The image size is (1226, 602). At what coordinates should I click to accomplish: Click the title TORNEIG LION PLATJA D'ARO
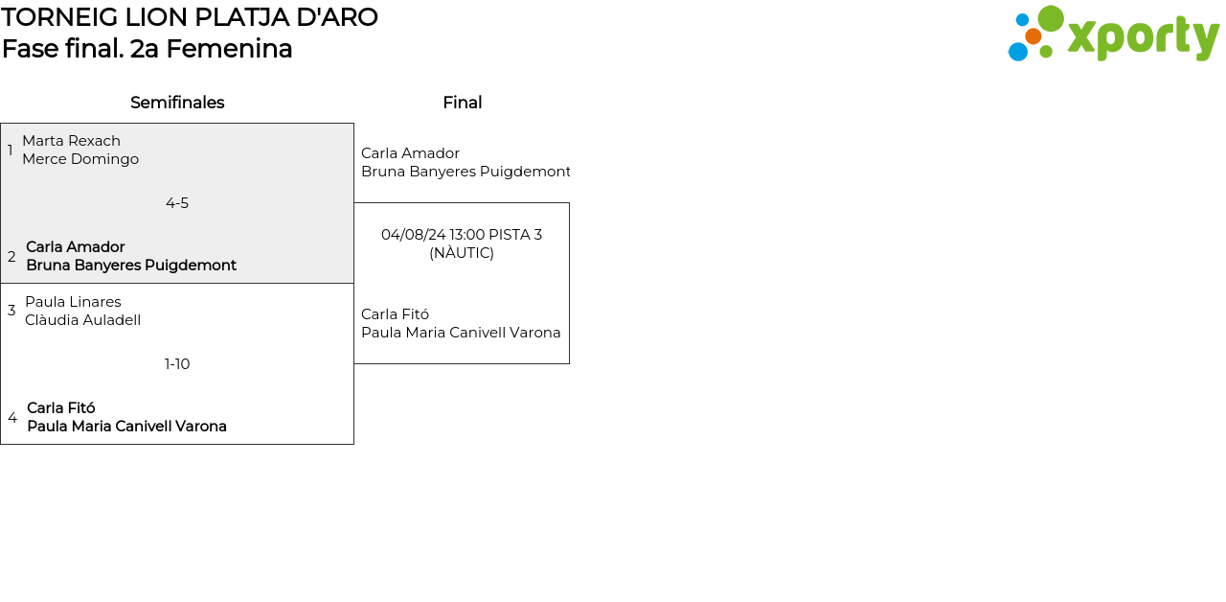click(x=190, y=17)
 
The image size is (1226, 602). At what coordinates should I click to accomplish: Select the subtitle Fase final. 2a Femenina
click(x=148, y=49)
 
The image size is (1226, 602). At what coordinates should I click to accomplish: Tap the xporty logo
click(x=1113, y=35)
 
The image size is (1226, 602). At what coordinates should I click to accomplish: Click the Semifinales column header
click(x=177, y=103)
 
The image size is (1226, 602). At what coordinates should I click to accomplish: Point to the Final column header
click(x=462, y=103)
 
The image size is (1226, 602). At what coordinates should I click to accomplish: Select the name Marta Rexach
click(x=71, y=141)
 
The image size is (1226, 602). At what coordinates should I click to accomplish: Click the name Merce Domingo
click(x=80, y=159)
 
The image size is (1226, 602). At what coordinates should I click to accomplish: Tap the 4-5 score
click(x=177, y=203)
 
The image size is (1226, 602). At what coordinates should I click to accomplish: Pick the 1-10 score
click(x=177, y=364)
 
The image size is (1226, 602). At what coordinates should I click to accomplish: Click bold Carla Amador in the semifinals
click(x=76, y=247)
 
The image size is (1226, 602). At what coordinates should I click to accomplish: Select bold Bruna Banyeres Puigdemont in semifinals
click(x=131, y=266)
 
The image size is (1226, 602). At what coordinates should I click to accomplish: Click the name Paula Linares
click(x=73, y=302)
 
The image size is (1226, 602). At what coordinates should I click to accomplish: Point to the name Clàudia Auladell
click(x=82, y=320)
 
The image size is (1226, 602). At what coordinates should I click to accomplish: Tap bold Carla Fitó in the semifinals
click(x=61, y=408)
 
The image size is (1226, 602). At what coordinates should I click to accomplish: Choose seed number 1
click(x=11, y=150)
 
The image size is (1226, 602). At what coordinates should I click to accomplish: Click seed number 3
click(x=11, y=311)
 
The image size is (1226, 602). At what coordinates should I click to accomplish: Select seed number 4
click(x=12, y=418)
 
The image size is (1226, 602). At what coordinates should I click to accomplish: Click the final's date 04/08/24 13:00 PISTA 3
click(x=462, y=235)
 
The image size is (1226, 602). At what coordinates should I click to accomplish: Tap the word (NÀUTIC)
click(x=462, y=253)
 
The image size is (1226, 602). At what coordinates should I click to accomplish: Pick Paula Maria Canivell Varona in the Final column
click(x=461, y=333)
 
